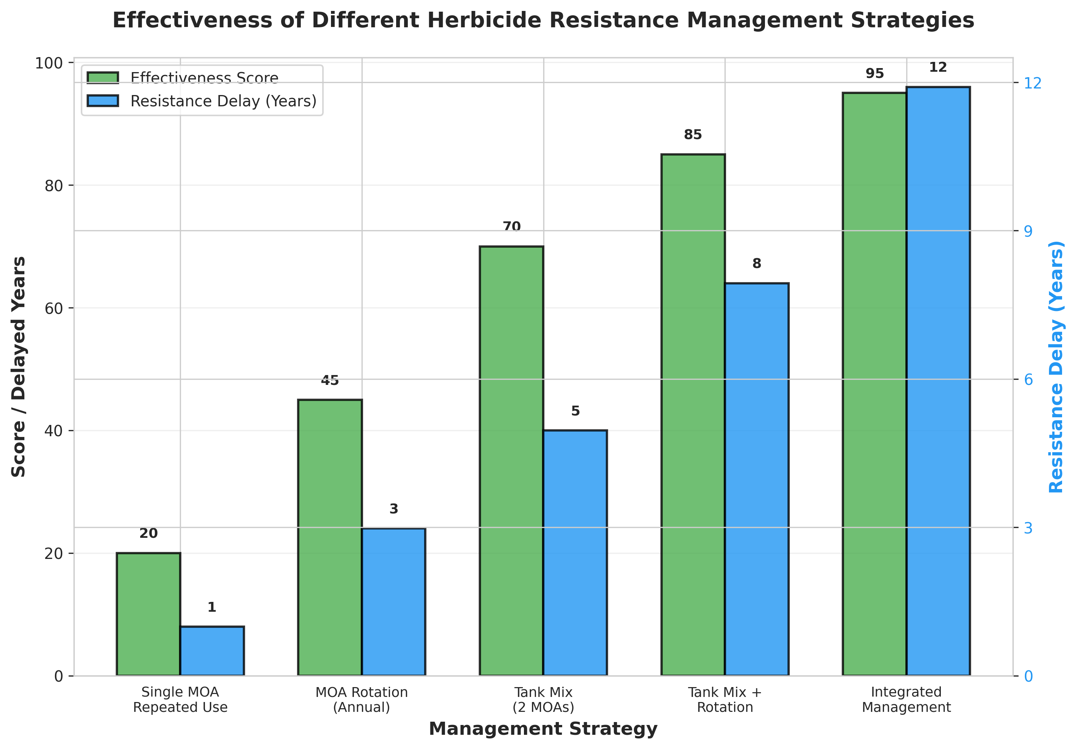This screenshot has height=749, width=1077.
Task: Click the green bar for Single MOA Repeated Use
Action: click(x=148, y=614)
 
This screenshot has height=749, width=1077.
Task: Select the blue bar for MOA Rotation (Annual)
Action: click(x=394, y=602)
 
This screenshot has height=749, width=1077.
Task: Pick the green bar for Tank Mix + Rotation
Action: click(x=693, y=415)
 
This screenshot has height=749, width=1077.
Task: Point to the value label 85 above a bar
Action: click(x=693, y=135)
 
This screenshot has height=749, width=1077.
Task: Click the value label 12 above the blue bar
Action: click(x=938, y=67)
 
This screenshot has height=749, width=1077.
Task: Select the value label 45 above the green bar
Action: click(x=330, y=381)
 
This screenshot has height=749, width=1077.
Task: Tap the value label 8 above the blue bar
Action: click(x=757, y=264)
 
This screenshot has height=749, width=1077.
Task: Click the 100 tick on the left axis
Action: click(x=49, y=63)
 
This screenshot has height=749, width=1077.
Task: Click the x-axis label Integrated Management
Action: click(x=906, y=699)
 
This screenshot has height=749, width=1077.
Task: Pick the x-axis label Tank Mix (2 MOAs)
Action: click(x=543, y=699)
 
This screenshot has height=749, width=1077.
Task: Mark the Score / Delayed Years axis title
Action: click(x=19, y=367)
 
